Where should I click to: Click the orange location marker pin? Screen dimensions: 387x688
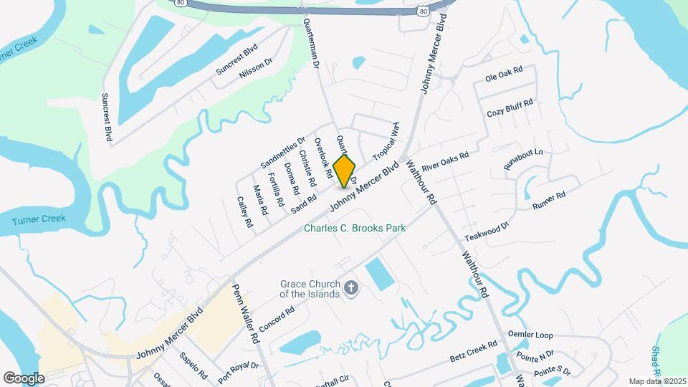coord(345,171)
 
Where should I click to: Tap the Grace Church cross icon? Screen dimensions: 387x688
coord(350,288)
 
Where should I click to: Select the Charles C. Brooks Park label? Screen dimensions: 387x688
coord(355,228)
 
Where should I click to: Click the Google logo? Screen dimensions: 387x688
coord(24,378)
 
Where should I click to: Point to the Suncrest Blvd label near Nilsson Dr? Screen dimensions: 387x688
coord(237,62)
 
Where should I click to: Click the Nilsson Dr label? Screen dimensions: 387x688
coord(257,72)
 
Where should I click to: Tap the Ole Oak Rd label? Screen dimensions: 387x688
coord(504,74)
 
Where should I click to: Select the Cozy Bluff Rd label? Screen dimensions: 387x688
coord(510,108)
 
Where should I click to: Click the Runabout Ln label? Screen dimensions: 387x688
coord(523,159)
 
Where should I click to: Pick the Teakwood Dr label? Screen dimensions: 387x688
coord(487,230)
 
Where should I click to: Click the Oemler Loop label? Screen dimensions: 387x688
coord(530,335)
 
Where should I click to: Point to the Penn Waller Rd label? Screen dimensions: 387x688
coord(244,312)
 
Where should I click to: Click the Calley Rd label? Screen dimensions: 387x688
coord(245,213)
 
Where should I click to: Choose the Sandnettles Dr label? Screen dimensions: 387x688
coord(283,153)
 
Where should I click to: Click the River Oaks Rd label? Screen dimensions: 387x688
coord(445,161)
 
